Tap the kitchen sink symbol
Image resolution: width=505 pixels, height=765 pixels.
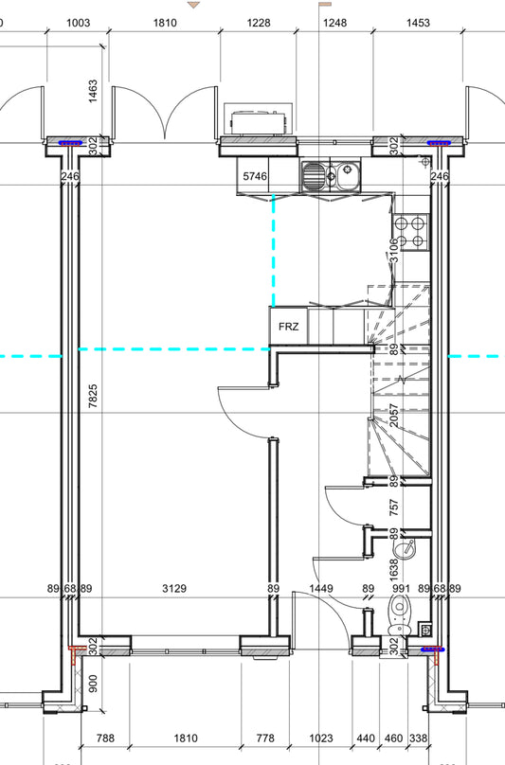[331, 175]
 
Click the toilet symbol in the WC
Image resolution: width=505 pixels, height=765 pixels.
[400, 615]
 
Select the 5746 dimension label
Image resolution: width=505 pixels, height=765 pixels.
[256, 176]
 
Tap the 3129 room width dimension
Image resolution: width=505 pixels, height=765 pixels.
[173, 589]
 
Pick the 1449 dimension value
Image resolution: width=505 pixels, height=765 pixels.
[322, 589]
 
